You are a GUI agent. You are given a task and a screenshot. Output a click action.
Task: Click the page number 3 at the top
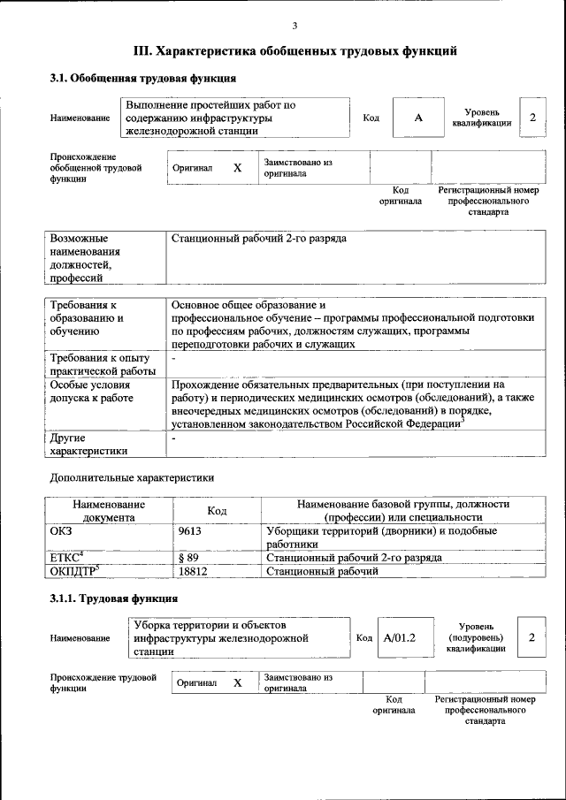[x=294, y=25]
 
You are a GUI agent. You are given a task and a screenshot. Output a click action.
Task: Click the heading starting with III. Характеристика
[x=294, y=51]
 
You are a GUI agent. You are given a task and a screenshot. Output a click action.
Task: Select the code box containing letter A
[x=417, y=118]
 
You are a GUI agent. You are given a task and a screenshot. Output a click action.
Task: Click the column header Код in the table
[x=217, y=510]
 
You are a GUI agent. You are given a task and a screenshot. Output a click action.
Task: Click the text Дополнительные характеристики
[x=132, y=477]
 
